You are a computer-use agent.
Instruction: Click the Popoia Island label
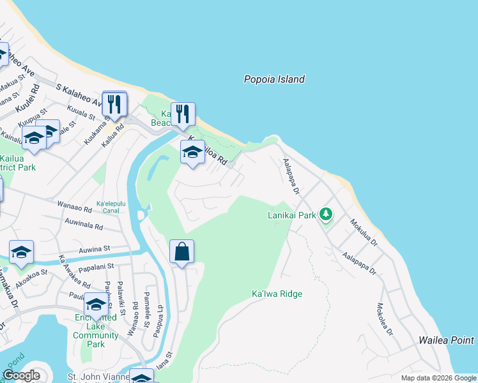pos(274,80)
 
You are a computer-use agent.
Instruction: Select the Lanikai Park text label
pos(291,216)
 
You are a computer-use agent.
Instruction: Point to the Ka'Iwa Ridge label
pos(277,294)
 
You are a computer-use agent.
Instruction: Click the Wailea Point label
pos(447,341)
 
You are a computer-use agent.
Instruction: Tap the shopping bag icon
pos(181,251)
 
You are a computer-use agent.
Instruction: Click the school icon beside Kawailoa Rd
pos(192,153)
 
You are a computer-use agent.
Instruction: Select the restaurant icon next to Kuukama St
pos(114,104)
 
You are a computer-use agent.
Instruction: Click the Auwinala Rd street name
pos(84,226)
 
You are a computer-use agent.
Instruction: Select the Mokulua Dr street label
pos(364,234)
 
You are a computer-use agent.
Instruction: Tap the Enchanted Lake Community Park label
pos(95,331)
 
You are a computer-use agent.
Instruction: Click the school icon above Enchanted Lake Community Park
pos(96,304)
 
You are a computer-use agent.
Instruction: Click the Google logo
pos(21,375)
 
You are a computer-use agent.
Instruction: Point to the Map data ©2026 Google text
pos(438,378)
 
